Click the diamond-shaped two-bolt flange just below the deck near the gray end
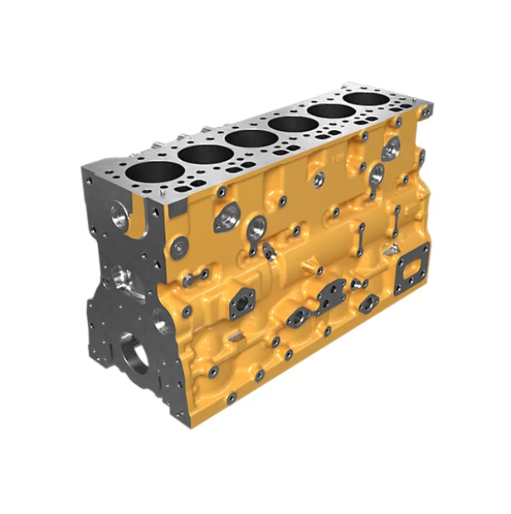pos(226,219)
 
